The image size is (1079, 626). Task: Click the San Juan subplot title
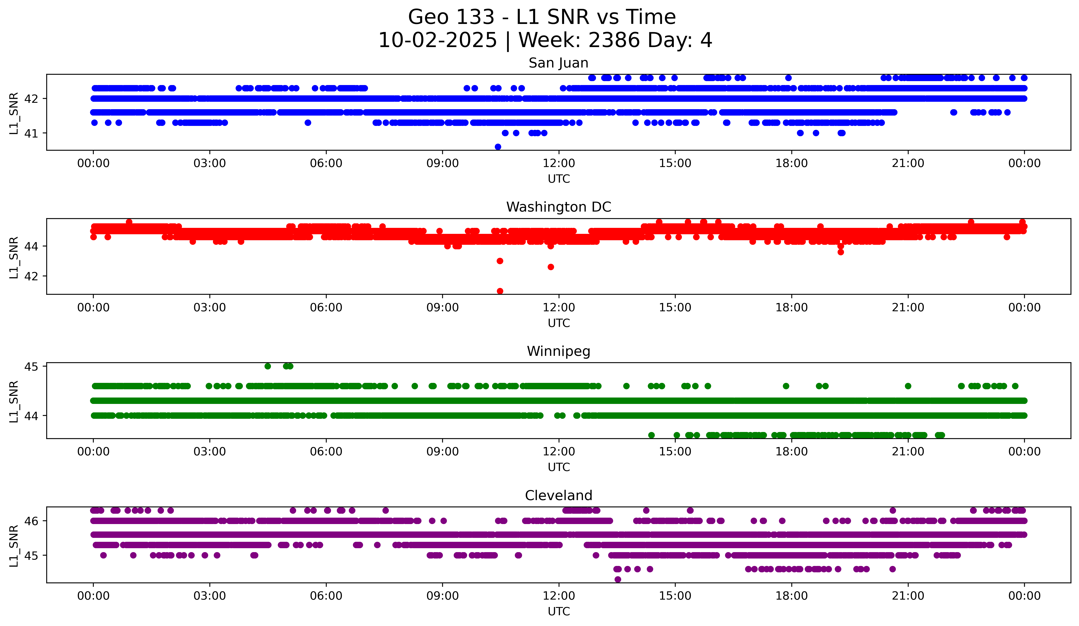click(x=558, y=63)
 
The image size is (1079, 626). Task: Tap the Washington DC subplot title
click(x=558, y=207)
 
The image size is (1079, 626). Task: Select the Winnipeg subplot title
click(x=558, y=351)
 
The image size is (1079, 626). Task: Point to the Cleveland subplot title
click(x=558, y=496)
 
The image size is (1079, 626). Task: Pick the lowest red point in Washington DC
click(x=500, y=291)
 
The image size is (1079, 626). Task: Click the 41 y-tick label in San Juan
click(x=31, y=134)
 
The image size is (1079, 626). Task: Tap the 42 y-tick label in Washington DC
click(x=31, y=276)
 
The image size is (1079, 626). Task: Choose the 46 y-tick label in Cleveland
click(x=31, y=521)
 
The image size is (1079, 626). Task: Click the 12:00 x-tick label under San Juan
click(x=559, y=163)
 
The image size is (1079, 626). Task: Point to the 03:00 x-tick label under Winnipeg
click(x=210, y=452)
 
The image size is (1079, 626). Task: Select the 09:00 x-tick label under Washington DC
click(x=442, y=308)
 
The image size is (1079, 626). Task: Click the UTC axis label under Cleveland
click(x=559, y=612)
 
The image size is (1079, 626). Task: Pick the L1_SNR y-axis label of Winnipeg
click(x=14, y=401)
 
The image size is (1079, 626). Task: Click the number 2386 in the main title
click(x=614, y=40)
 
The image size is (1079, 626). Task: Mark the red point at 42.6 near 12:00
click(x=551, y=267)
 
